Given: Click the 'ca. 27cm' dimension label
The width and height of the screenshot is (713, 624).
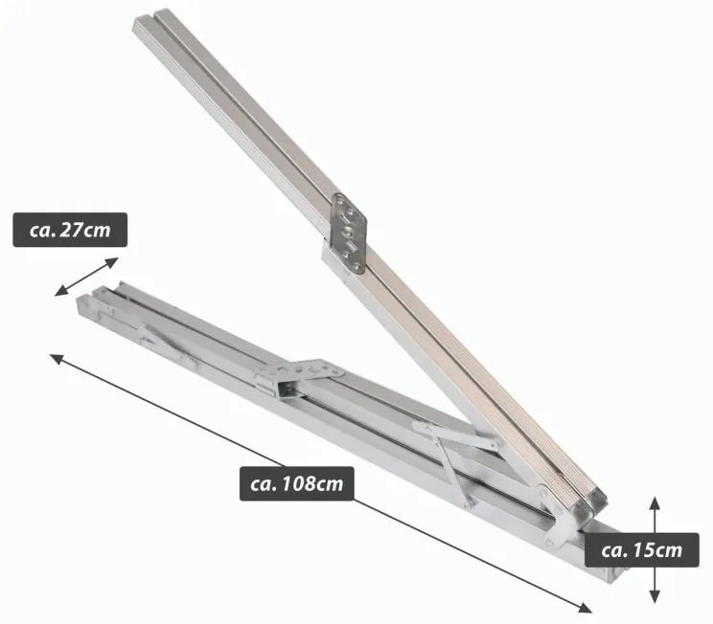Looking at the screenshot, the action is (70, 230).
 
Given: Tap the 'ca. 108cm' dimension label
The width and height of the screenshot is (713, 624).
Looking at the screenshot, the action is (296, 483).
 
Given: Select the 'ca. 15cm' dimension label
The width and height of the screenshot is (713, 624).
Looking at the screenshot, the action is (642, 550).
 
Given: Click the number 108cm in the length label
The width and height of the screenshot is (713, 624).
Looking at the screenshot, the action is (312, 483).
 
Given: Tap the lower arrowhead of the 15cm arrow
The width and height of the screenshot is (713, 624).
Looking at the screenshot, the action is (655, 597).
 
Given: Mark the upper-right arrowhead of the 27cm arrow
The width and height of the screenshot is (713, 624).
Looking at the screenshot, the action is (112, 262).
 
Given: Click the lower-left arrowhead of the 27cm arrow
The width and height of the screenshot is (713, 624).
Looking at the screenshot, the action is (60, 292).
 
